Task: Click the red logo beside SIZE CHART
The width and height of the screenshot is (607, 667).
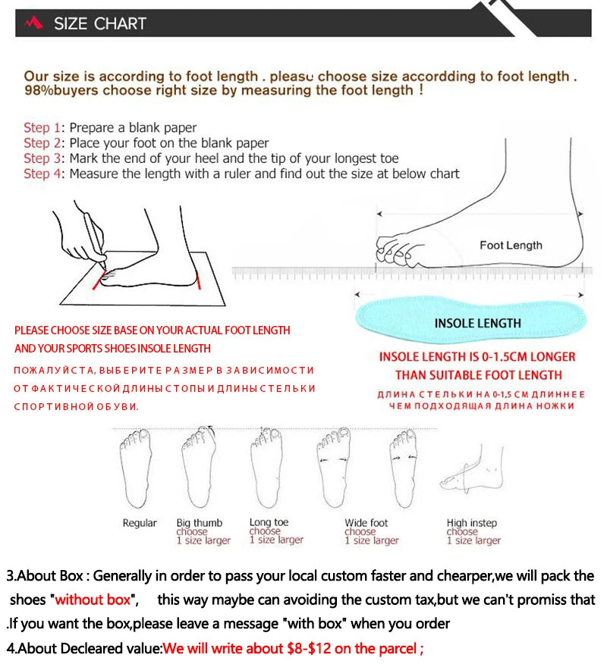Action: click(34, 23)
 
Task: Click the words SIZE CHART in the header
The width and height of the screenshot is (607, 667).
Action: click(99, 23)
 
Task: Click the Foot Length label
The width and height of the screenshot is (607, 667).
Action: click(511, 246)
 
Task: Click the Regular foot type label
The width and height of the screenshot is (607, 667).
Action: click(140, 523)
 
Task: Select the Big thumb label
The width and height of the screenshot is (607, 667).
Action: click(200, 523)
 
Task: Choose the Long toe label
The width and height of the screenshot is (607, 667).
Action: click(269, 522)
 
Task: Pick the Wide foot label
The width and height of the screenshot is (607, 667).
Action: click(366, 523)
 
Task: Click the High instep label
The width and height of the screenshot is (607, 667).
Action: click(471, 523)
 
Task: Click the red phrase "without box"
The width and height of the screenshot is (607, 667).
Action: click(93, 600)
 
